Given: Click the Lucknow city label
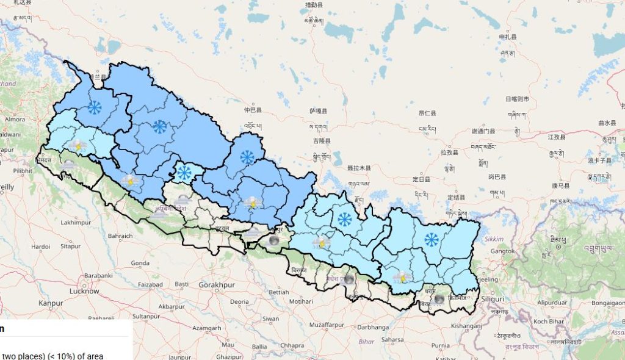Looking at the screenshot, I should (84, 291).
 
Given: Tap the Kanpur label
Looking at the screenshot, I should (51, 303).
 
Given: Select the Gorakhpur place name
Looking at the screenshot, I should (217, 285).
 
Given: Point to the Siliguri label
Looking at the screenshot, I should (491, 299).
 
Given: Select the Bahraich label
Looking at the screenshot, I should (120, 235).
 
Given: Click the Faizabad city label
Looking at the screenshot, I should (150, 284).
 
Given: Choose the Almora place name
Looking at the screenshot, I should (15, 119).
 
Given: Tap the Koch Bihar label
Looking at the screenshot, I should (548, 321).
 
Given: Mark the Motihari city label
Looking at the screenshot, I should (300, 301).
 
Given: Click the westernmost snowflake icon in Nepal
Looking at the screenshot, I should (94, 108).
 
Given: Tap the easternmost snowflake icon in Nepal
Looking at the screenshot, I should (432, 239).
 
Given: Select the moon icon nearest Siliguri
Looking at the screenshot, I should (439, 299).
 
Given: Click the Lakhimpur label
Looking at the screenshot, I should (76, 223).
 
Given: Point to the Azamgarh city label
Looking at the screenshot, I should (207, 328).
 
